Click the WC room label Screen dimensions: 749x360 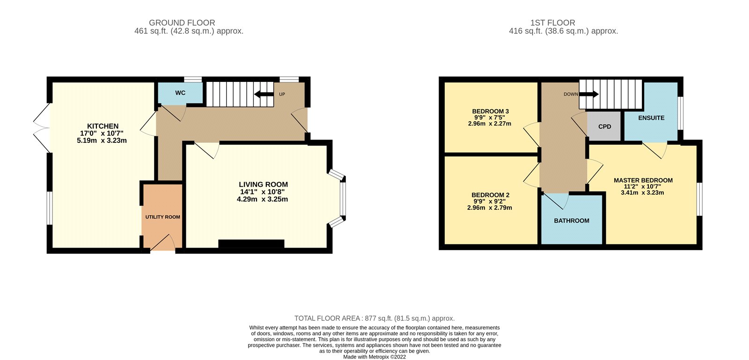click(x=180, y=93)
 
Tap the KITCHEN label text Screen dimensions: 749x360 click(x=103, y=126)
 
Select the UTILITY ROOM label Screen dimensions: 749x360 click(x=162, y=217)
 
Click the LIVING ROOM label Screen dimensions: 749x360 click(x=263, y=184)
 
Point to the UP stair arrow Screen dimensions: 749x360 click(x=264, y=94)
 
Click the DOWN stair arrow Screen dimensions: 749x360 click(x=589, y=94)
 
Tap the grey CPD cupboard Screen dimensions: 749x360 click(x=604, y=126)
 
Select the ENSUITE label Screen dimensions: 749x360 click(x=651, y=118)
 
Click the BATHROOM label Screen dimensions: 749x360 click(x=572, y=220)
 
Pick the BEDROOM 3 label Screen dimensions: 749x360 click(x=491, y=111)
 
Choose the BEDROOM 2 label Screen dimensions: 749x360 click(x=491, y=195)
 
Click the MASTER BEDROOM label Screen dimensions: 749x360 click(x=643, y=180)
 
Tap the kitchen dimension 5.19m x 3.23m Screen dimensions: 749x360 click(x=102, y=140)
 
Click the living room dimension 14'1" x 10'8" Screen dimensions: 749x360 click(x=263, y=192)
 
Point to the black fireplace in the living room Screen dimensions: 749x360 click(x=251, y=244)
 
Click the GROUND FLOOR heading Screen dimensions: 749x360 click(x=182, y=23)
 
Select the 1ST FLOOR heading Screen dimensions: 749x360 click(x=553, y=23)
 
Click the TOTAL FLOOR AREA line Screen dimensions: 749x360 click(x=374, y=318)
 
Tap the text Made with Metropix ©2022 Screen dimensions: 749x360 click(x=374, y=357)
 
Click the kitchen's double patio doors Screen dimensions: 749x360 click(x=42, y=127)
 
